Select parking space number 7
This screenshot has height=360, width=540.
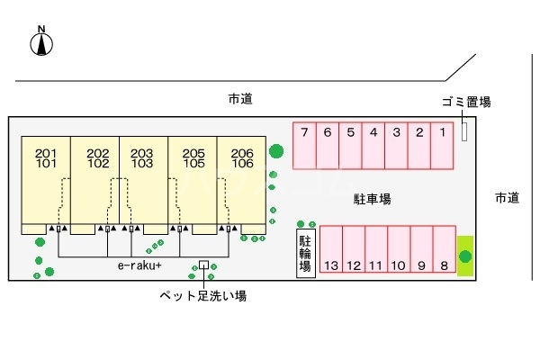tap(305, 144)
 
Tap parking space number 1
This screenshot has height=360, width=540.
tap(443, 144)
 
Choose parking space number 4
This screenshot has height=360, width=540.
tap(373, 144)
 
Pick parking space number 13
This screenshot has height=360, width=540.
tap(330, 252)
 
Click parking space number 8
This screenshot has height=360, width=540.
tap(444, 252)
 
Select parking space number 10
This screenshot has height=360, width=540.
tap(399, 252)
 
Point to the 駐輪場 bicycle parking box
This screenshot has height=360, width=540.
tap(306, 253)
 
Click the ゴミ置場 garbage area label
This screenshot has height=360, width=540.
tap(466, 102)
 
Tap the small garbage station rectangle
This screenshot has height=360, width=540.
tap(464, 131)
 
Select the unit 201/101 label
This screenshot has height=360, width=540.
tap(46, 158)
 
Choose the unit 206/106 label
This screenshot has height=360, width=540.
tap(242, 158)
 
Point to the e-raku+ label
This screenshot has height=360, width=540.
tap(139, 266)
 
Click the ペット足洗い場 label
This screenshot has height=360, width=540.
tap(203, 295)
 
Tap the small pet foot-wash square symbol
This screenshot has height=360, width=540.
tap(203, 265)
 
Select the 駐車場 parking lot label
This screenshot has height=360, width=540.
tap(371, 198)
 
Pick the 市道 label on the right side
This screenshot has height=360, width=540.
tap(507, 198)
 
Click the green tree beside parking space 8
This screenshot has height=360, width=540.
tap(464, 257)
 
